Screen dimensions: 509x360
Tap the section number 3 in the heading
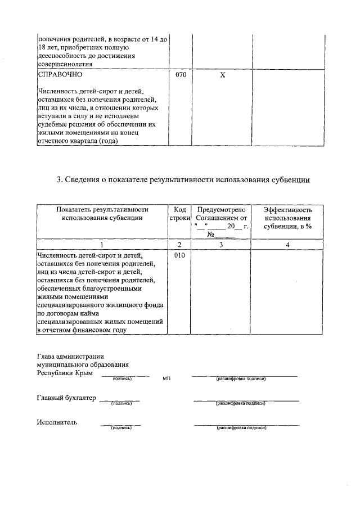pyautogui.click(x=59, y=180)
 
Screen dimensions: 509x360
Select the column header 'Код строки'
pyautogui.click(x=180, y=213)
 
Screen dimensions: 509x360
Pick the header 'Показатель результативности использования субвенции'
pyautogui.click(x=102, y=213)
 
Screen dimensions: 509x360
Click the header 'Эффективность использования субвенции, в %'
pyautogui.click(x=287, y=217)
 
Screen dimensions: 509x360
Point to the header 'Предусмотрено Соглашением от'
pyautogui.click(x=222, y=213)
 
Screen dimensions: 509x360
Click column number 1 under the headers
pyautogui.click(x=102, y=245)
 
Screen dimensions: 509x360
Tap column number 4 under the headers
pyautogui.click(x=287, y=245)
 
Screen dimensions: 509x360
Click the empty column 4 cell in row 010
pyautogui.click(x=287, y=292)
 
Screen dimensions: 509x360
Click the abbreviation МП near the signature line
pyautogui.click(x=166, y=379)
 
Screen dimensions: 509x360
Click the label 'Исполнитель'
pyautogui.click(x=57, y=422)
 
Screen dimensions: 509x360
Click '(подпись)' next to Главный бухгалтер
pyautogui.click(x=121, y=403)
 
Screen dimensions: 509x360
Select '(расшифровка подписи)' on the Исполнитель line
pyautogui.click(x=241, y=428)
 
